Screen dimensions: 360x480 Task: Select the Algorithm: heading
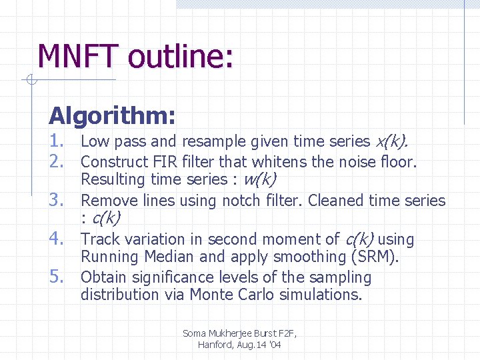coord(112,116)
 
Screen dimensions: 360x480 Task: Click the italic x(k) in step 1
coord(392,141)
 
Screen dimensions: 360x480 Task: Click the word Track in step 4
coord(99,239)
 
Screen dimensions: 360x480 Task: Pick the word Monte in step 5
coord(211,295)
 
